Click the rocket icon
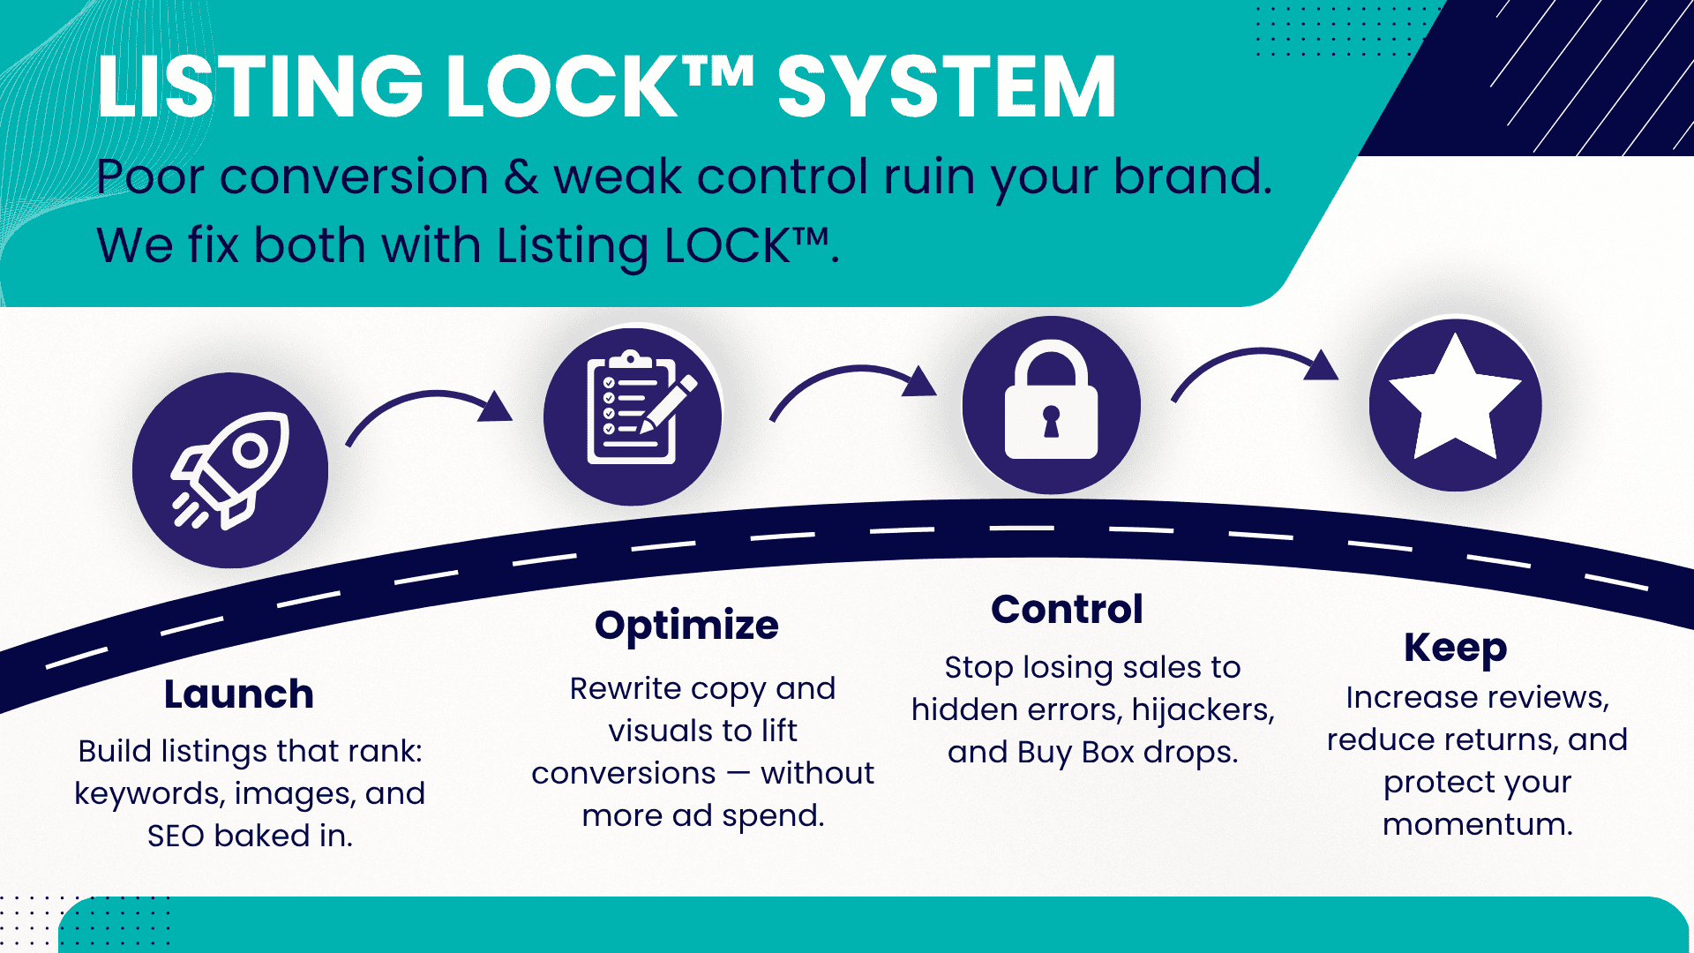click(x=230, y=470)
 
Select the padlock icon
click(x=1051, y=400)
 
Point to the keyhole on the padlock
click(x=1051, y=421)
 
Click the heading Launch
click(x=239, y=694)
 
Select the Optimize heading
click(x=686, y=627)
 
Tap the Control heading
click(x=1067, y=609)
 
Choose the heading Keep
click(x=1456, y=649)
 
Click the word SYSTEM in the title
click(x=947, y=86)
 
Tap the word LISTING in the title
click(x=261, y=86)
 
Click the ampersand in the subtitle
click(x=521, y=176)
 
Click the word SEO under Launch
click(x=176, y=836)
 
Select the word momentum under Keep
click(x=1478, y=824)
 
